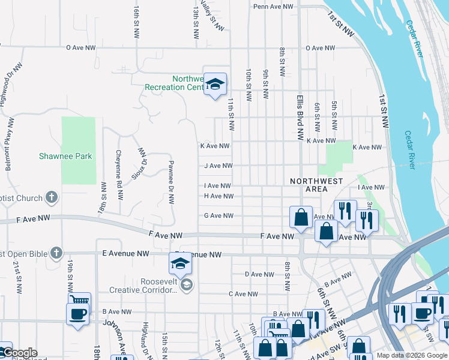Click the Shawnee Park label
[x=65, y=156]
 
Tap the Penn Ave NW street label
[x=273, y=7]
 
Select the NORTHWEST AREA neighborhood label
[x=316, y=185]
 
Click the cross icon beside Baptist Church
[x=52, y=197]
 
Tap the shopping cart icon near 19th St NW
[x=80, y=300]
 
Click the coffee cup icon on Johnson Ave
[x=78, y=313]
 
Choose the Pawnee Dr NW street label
[x=171, y=182]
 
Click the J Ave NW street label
[x=218, y=166]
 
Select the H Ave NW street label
[x=218, y=196]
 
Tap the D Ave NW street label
[x=259, y=274]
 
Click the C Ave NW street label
[x=243, y=294]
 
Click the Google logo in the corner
[x=19, y=353]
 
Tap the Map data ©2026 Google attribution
[x=411, y=355]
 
